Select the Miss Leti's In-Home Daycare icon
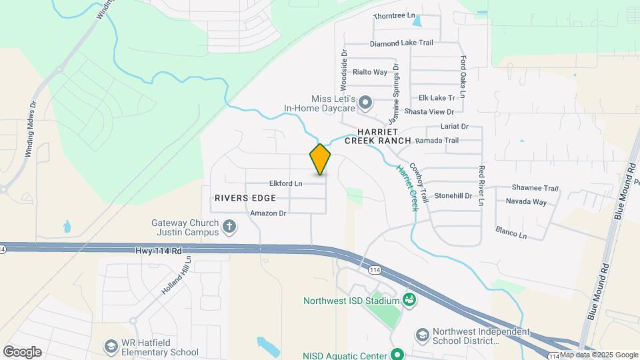(x=365, y=103)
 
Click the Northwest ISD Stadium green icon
(x=409, y=301)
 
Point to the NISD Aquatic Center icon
(x=398, y=354)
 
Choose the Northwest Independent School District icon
(x=421, y=334)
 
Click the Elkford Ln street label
(x=285, y=183)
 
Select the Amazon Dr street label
(x=268, y=213)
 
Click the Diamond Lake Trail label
(x=401, y=43)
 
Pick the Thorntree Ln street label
(x=394, y=16)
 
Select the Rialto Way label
(x=370, y=72)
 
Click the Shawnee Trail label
(x=535, y=188)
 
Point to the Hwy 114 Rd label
(x=157, y=250)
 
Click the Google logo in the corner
(x=22, y=351)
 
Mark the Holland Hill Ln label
(x=176, y=277)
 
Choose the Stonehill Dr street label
(x=453, y=196)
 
